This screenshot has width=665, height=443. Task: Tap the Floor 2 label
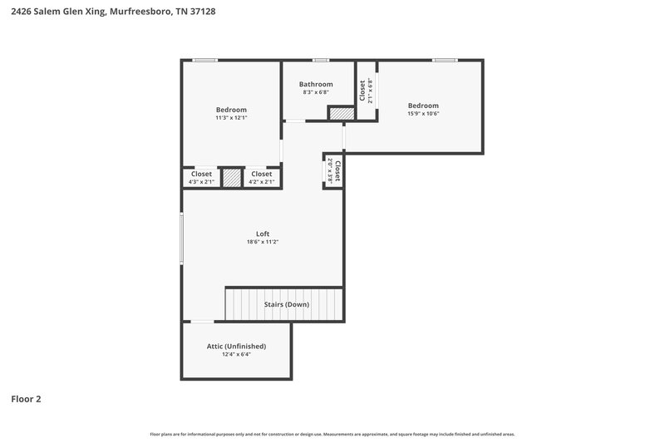pos(26,399)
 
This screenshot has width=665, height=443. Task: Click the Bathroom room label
pos(316,84)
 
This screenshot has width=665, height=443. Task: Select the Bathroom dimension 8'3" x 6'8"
pos(316,92)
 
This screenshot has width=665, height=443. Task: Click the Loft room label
pos(262,234)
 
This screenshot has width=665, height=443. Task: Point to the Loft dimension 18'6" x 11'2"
pos(262,242)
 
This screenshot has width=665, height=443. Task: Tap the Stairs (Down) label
pos(286,304)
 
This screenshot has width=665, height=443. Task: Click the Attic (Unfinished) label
pos(236,346)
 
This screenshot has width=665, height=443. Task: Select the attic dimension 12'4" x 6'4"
pos(236,354)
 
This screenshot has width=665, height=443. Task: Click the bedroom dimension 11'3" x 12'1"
pos(231,118)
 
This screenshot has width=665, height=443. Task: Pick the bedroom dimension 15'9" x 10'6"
pos(423,113)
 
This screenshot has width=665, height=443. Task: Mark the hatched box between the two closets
pos(231,178)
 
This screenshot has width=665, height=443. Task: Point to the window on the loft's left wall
pos(183,239)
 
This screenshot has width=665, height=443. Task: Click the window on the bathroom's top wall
pos(320,60)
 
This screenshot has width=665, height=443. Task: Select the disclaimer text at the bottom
pos(332,434)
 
